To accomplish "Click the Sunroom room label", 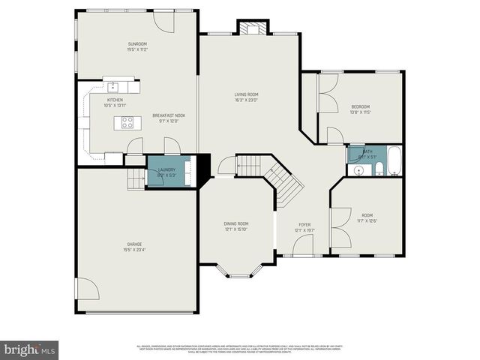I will click(x=136, y=44).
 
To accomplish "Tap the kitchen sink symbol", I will click(x=113, y=85).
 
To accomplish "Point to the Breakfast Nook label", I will click(x=169, y=115).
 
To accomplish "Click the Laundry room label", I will click(x=167, y=169).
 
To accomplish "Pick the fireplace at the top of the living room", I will click(x=250, y=28).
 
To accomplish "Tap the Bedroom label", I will click(x=361, y=106).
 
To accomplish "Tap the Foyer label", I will click(x=304, y=224).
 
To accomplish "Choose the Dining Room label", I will click(x=235, y=223).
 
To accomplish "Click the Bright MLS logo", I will click(x=30, y=349).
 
